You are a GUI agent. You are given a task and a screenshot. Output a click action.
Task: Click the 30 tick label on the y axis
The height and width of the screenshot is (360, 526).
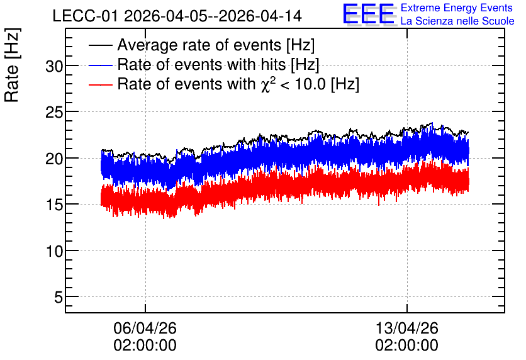coord(54,67)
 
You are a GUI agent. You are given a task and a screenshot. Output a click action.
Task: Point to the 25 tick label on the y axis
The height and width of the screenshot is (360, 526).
coord(54,113)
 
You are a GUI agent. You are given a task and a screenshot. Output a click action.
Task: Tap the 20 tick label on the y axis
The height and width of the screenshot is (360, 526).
coord(54,159)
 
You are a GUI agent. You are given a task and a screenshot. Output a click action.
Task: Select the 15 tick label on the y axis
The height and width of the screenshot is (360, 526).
coord(54,205)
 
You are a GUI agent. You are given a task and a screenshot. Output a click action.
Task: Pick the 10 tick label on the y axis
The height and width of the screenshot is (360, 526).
coord(54,251)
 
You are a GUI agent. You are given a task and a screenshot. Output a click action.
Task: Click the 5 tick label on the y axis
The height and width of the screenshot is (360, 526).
coord(59,297)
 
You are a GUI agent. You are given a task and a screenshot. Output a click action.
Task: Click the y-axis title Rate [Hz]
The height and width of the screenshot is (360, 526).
coord(12,65)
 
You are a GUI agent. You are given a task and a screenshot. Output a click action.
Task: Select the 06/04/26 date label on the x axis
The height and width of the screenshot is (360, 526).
coord(145,328)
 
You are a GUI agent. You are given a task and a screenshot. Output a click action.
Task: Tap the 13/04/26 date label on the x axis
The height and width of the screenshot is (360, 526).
coord(406,328)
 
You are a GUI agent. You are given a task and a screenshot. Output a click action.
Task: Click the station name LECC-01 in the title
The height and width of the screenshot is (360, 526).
coord(86,16)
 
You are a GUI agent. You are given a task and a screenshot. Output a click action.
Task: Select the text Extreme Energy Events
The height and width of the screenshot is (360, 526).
coord(457,8)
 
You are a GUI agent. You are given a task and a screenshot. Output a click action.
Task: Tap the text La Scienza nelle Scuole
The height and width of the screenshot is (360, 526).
coord(457,21)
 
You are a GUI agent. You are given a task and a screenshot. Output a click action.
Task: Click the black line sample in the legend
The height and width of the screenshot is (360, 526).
coord(100,45)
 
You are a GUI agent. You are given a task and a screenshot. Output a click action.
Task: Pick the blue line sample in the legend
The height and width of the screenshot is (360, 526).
coord(100,65)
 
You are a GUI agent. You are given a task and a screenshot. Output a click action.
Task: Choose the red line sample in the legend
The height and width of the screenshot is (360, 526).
coord(100,85)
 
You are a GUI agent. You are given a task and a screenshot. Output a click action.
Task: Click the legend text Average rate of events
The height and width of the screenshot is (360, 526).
coord(199,45)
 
